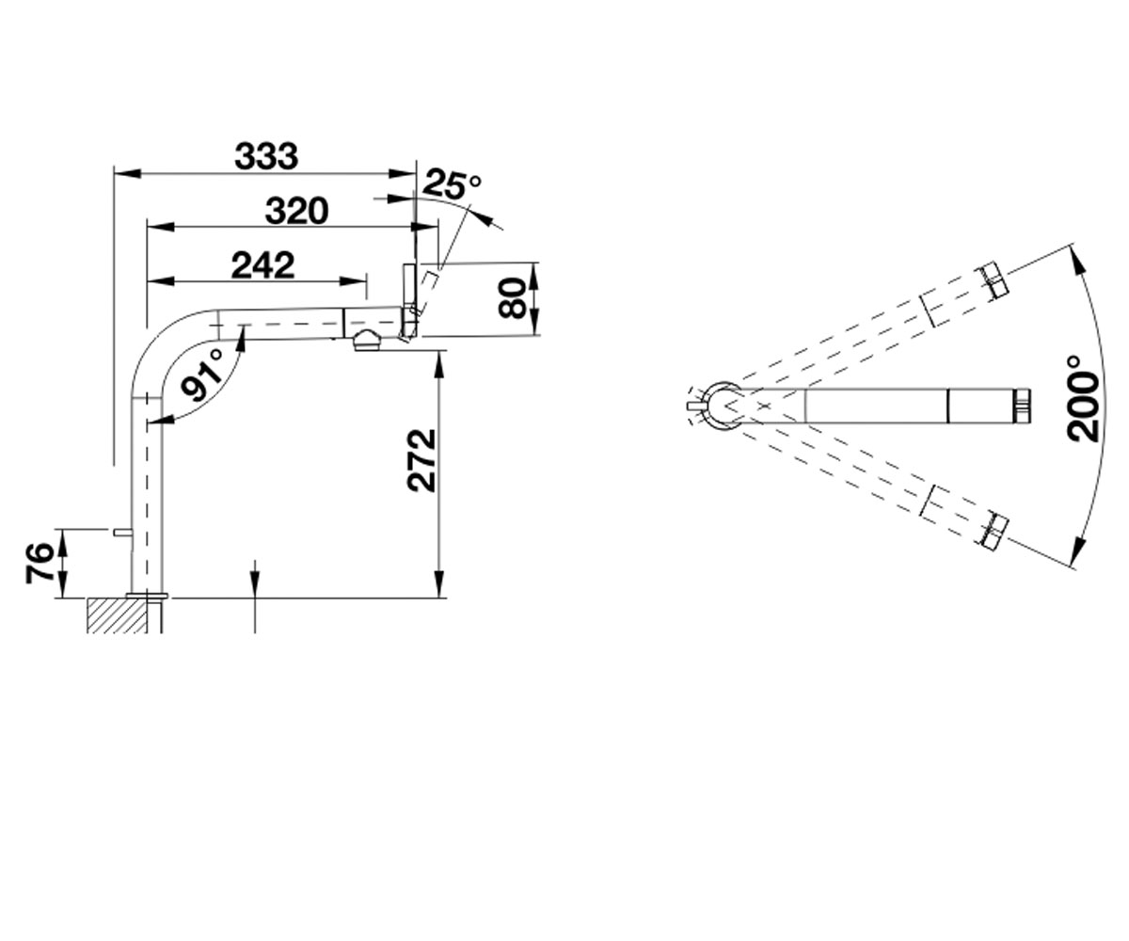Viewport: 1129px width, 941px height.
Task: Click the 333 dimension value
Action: click(266, 156)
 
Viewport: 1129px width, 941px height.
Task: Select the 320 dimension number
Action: click(297, 211)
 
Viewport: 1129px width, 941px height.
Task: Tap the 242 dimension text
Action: click(262, 265)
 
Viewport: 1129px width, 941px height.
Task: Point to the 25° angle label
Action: click(452, 183)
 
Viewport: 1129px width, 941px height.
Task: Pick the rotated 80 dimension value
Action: click(512, 298)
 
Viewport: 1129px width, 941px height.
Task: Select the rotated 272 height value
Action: click(422, 460)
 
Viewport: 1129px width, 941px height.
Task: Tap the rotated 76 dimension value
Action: click(40, 564)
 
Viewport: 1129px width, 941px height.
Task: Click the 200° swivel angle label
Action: click(1083, 398)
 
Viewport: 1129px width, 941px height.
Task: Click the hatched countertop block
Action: click(117, 614)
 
